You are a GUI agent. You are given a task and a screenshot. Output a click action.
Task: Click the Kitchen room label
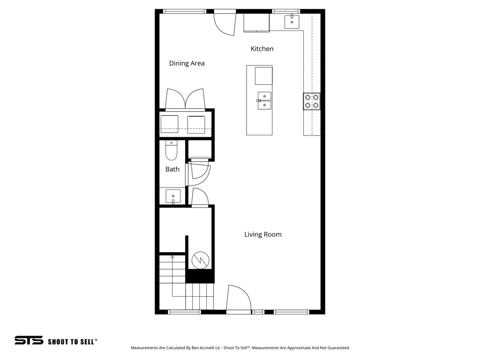click(262, 49)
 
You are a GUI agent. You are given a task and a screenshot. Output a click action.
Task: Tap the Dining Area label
click(187, 63)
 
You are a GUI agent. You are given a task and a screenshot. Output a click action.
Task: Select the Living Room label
click(262, 234)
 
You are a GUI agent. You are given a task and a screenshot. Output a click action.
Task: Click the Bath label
click(172, 169)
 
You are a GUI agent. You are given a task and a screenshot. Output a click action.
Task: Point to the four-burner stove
click(312, 101)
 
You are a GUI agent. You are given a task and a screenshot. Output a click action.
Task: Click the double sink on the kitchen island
click(264, 100)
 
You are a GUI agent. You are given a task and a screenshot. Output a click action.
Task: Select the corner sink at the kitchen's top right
click(292, 22)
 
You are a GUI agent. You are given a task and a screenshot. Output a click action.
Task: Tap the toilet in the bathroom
click(171, 150)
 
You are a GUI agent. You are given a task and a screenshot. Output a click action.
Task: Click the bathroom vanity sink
click(173, 196)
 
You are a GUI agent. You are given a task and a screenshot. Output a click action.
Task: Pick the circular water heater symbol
click(200, 260)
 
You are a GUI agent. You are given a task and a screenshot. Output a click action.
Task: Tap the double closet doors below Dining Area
click(185, 99)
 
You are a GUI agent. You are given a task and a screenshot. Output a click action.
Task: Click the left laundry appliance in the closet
click(169, 124)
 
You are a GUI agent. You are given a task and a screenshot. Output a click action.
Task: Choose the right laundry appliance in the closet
click(196, 124)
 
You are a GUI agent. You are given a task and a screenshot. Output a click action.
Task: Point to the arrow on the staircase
click(172, 258)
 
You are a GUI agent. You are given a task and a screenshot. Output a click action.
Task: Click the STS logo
click(29, 340)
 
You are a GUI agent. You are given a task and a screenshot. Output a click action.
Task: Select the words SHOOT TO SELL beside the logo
click(72, 342)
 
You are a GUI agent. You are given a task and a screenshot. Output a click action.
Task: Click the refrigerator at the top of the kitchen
click(256, 22)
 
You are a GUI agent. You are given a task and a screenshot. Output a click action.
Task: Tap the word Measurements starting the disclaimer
click(146, 348)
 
